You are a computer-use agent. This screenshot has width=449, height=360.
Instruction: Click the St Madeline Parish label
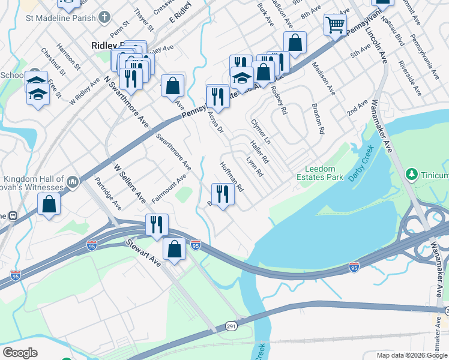[x=60, y=18]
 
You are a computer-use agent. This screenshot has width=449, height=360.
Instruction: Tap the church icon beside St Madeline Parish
[x=104, y=18]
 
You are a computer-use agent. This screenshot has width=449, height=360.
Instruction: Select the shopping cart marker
[x=335, y=25]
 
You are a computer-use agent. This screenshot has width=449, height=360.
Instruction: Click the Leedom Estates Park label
[x=320, y=173]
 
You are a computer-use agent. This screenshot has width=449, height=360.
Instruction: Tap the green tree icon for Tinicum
[x=412, y=175]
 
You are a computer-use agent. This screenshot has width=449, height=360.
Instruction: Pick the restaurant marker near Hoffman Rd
[x=222, y=194]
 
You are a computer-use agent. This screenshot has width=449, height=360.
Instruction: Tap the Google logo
[x=19, y=353]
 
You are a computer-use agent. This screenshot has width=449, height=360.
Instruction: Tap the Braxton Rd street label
[x=318, y=118]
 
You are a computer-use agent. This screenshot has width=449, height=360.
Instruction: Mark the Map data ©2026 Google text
[x=412, y=355]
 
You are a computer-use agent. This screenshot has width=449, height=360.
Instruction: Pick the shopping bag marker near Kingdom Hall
[x=49, y=204]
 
